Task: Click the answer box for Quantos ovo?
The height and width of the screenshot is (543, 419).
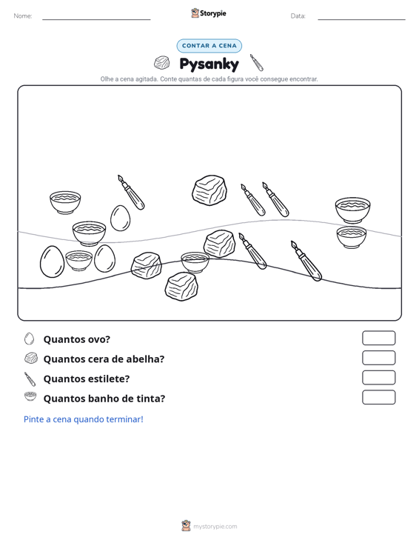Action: pos(378,338)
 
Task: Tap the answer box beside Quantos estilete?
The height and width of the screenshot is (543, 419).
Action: pos(378,378)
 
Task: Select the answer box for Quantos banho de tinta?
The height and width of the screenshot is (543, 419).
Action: pos(378,397)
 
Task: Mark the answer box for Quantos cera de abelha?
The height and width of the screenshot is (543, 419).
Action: pos(378,358)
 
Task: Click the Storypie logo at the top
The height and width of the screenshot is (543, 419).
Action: pos(209,13)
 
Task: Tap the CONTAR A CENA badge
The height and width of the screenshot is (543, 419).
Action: pos(209,46)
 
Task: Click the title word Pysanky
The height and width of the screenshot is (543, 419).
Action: pos(209,64)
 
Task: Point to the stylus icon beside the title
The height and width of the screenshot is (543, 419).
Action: pos(257,62)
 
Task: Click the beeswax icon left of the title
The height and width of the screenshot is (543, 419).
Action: pos(161,63)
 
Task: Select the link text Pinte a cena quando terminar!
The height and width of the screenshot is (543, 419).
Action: pos(84,419)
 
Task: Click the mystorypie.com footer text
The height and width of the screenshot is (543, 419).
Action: pos(215,527)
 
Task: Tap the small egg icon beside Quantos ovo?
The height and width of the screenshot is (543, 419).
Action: pos(30,339)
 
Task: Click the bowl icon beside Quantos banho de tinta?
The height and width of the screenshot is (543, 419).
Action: pos(30,396)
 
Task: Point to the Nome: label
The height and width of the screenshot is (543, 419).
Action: pos(23,16)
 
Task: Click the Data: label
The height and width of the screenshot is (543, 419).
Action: pos(298,16)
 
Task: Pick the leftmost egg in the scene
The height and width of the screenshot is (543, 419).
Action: pos(53,261)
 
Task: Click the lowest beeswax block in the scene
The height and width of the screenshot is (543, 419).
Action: pos(181,287)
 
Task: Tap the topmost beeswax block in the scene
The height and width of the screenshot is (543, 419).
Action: pos(209,190)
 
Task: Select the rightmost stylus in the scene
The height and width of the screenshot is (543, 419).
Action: pos(306,261)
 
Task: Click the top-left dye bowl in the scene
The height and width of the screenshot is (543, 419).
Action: pos(65,202)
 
